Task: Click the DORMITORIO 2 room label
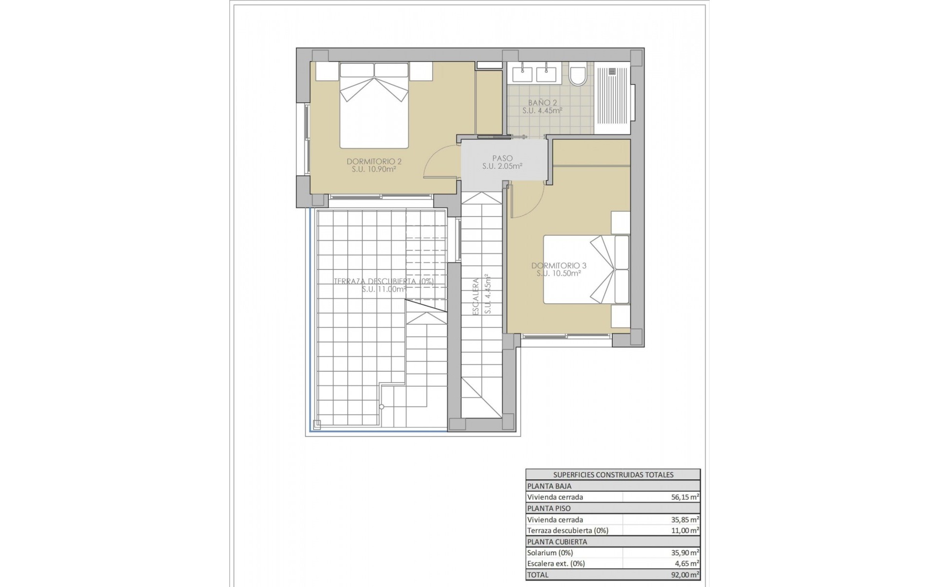coord(374,161)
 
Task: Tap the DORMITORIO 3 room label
coord(559,266)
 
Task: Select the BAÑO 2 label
coord(542,103)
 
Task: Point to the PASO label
coord(502,158)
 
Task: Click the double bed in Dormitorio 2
coord(374,105)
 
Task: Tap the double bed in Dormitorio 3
coord(587,269)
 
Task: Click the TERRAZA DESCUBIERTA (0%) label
coord(383,281)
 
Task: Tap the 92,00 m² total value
coord(685,575)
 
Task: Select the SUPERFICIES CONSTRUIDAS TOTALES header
coord(613,474)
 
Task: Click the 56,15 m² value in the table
coord(685,497)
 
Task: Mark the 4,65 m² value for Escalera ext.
coord(686,564)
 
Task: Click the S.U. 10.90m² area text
coord(374,170)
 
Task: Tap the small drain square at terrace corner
coord(317,424)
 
